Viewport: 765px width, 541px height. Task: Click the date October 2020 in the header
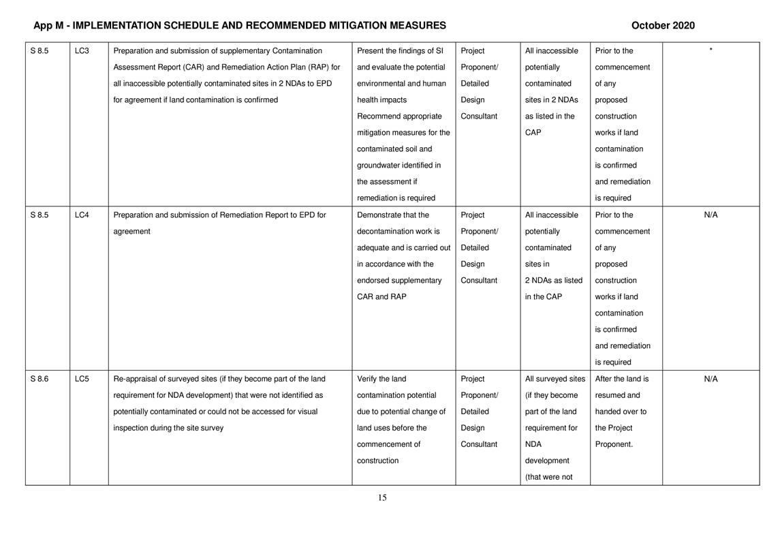[662, 26]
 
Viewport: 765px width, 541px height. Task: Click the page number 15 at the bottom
[382, 498]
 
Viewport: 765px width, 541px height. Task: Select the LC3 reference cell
[81, 51]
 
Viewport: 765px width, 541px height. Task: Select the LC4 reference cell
[81, 215]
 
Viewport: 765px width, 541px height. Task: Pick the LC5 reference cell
[81, 380]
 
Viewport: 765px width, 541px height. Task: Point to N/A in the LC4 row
[711, 215]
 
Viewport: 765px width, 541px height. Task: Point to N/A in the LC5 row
[711, 380]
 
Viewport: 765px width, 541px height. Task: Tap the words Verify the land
[381, 380]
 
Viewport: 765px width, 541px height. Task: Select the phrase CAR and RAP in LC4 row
[381, 297]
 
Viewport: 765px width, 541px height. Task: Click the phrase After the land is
[622, 380]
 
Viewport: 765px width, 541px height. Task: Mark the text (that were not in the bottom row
[548, 478]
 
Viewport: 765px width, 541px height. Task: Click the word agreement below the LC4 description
[131, 232]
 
